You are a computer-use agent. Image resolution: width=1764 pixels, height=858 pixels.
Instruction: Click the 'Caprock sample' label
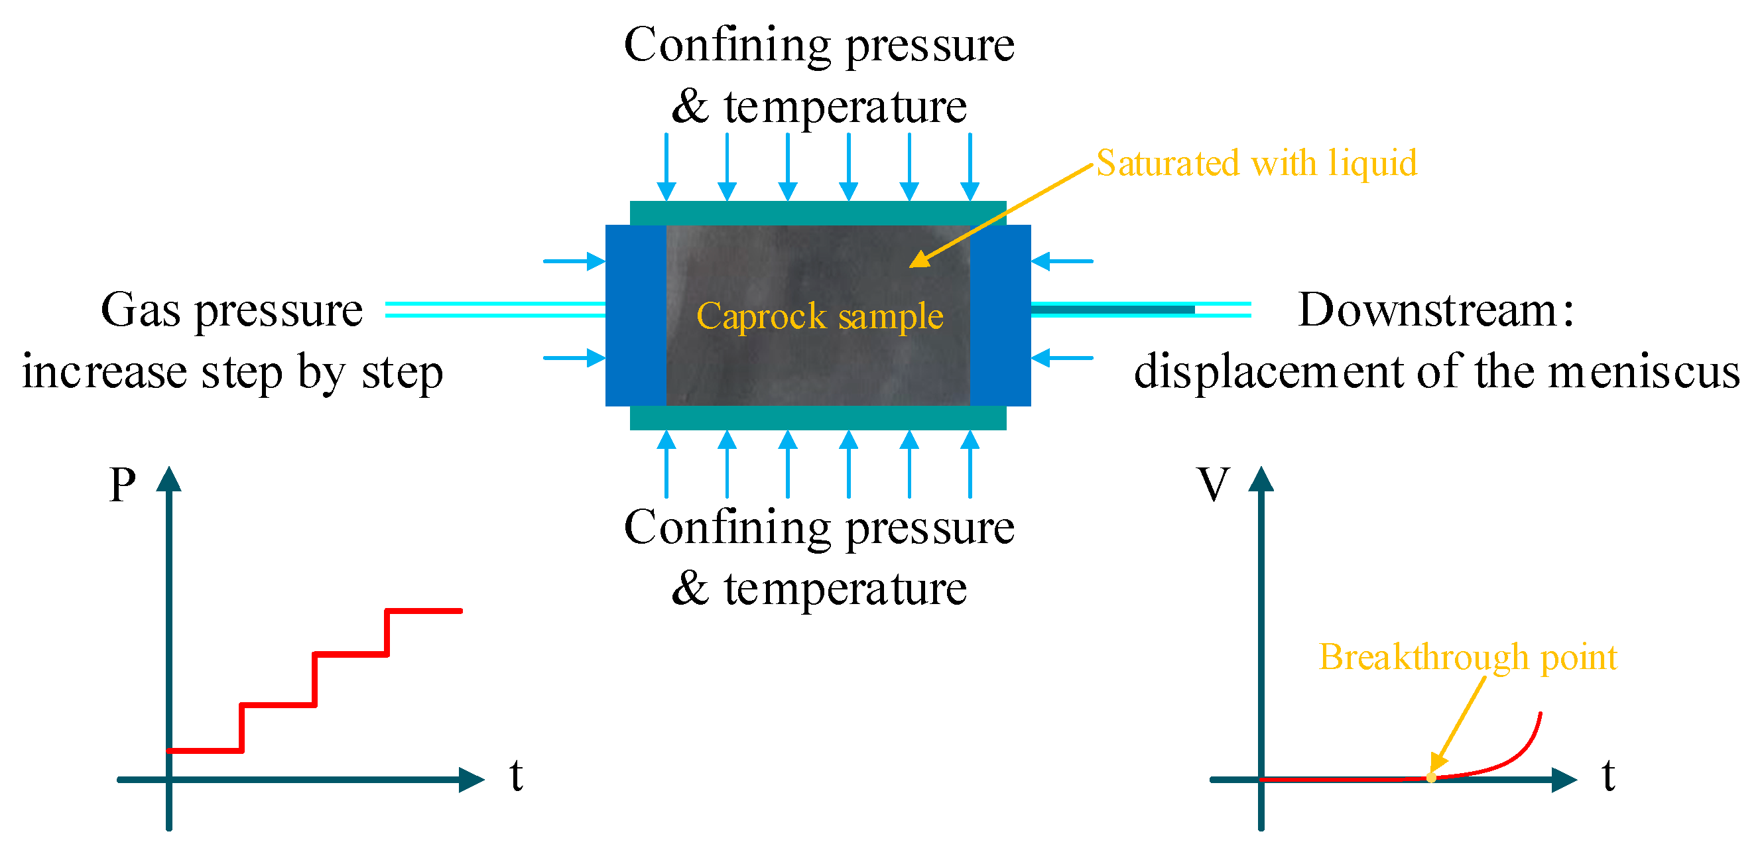click(x=819, y=316)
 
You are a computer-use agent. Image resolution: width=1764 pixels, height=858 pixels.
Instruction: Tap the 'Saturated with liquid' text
click(x=1256, y=163)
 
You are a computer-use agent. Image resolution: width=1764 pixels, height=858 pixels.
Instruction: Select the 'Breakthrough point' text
click(x=1468, y=656)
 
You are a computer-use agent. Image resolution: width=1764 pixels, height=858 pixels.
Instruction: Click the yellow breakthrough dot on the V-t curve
click(x=1430, y=777)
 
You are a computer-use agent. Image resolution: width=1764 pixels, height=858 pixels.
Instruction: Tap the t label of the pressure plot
click(x=517, y=775)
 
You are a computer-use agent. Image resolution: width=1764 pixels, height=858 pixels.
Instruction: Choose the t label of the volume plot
click(x=1609, y=775)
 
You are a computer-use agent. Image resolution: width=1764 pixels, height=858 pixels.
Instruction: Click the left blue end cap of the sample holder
click(x=635, y=315)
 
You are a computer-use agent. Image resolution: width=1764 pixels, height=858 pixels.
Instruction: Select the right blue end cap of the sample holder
click(x=1001, y=315)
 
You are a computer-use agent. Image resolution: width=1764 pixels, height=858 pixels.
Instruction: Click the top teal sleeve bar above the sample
click(x=818, y=212)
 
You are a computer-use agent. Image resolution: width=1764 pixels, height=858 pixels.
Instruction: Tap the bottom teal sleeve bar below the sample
click(x=818, y=418)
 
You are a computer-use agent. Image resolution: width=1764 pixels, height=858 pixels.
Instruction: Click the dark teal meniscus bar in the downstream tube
click(x=1113, y=310)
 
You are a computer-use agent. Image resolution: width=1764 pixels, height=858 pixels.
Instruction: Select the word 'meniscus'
click(x=1643, y=372)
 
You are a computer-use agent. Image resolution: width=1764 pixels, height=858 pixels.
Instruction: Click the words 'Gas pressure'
click(x=231, y=310)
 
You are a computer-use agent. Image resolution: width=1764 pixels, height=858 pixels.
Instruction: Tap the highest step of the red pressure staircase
click(x=424, y=610)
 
